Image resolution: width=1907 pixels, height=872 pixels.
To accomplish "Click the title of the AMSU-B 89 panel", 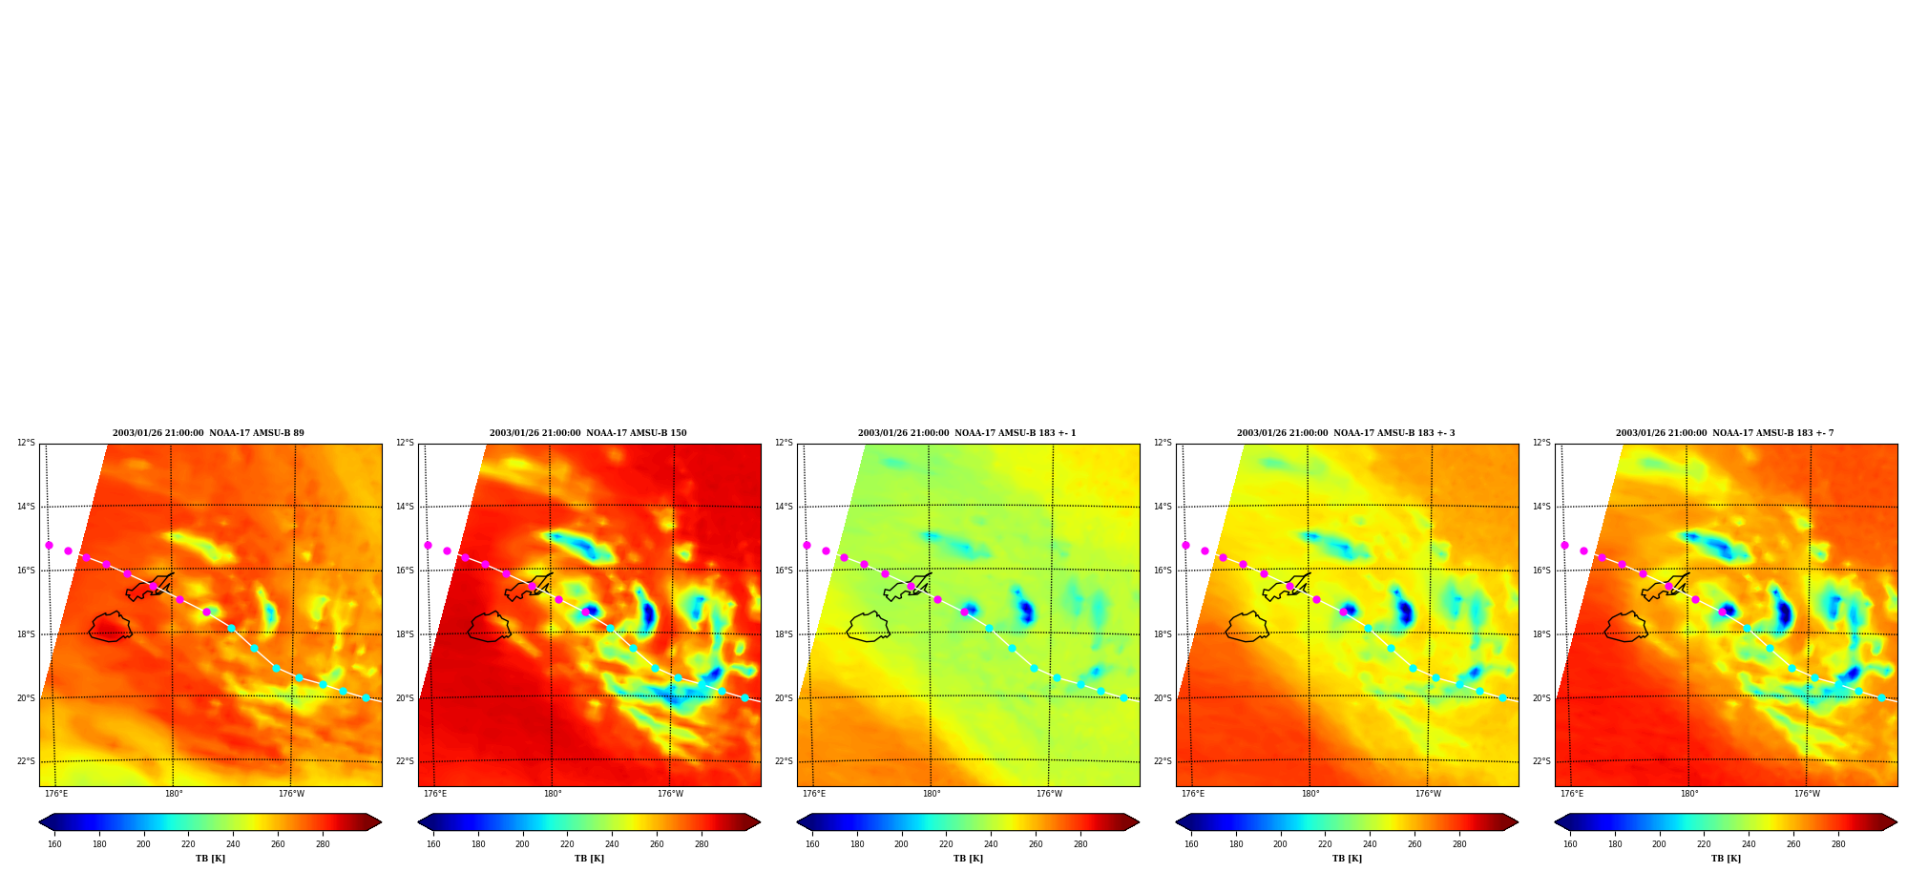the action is [x=208, y=433].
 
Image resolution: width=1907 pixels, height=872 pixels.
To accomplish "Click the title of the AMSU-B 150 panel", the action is [x=588, y=433].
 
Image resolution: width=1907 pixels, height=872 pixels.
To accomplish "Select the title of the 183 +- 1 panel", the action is [x=967, y=433].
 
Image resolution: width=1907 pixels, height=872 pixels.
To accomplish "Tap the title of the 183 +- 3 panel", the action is [x=1346, y=433].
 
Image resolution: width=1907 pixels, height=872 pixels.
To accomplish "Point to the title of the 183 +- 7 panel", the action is [x=1725, y=433].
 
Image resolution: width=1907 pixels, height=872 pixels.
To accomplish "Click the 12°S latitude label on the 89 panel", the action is [x=26, y=443].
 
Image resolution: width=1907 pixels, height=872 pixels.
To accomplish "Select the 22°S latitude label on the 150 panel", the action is [x=405, y=761].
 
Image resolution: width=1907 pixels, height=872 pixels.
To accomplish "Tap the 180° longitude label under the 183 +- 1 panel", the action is [x=932, y=794].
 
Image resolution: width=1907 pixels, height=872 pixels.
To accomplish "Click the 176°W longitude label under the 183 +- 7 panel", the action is [x=1807, y=794].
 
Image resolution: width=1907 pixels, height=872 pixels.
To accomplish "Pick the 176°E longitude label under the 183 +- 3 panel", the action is [x=1193, y=794].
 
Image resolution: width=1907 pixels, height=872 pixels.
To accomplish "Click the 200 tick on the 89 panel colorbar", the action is [x=143, y=844].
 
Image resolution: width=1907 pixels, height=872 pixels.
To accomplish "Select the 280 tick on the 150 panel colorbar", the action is [x=702, y=844].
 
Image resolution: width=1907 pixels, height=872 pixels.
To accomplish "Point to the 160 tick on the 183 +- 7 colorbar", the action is [x=1570, y=844].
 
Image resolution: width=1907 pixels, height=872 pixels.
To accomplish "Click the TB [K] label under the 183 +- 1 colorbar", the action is [x=968, y=859].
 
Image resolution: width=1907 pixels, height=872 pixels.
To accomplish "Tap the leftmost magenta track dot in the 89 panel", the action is [x=49, y=545].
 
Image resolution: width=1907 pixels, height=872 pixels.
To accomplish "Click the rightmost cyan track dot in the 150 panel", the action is [x=744, y=697].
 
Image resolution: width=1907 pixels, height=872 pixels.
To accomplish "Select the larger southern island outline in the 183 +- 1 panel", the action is [x=868, y=627].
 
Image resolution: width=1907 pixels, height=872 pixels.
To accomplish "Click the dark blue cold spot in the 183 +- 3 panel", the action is [x=1405, y=611].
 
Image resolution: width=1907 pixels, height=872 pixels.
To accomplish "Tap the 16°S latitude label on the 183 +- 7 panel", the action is [x=1541, y=571].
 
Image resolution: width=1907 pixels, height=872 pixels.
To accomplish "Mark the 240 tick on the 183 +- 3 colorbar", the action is [x=1370, y=844].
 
